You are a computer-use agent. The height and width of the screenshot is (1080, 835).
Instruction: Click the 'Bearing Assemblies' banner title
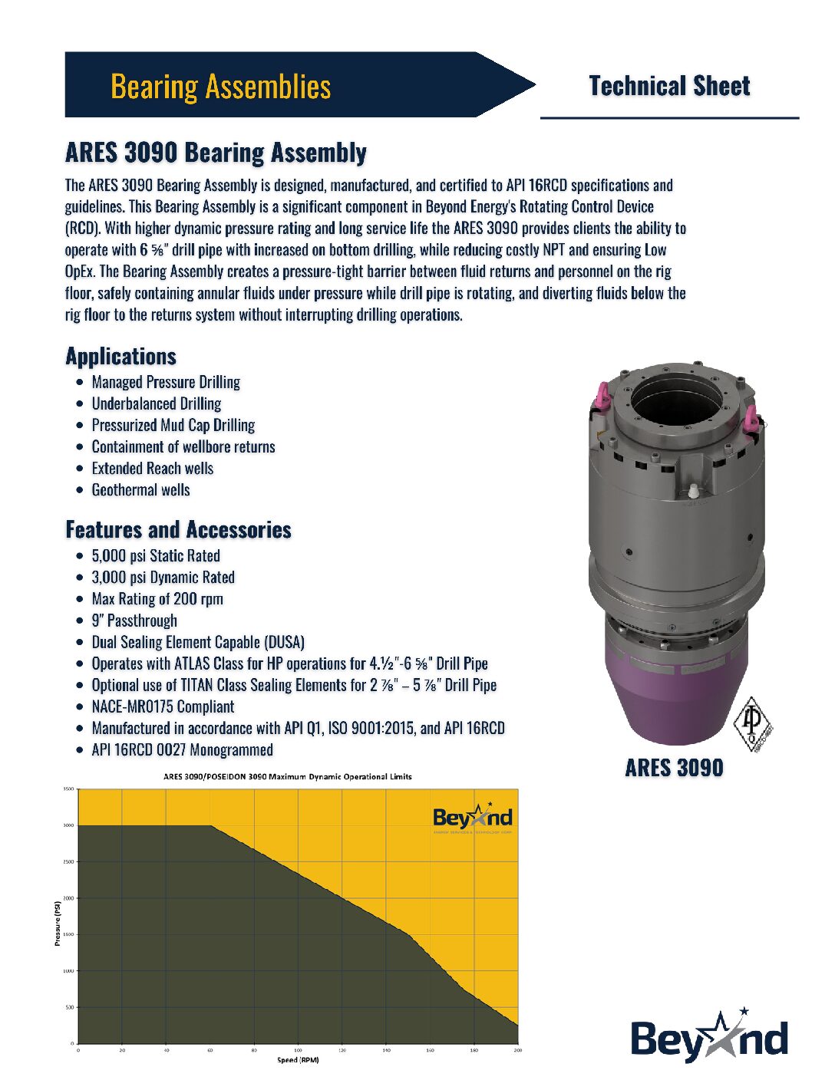221,86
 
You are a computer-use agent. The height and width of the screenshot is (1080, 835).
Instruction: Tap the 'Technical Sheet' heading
669,86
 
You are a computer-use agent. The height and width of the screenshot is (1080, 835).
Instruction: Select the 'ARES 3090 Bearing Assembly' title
216,153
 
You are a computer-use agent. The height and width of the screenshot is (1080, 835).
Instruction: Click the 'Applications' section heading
121,357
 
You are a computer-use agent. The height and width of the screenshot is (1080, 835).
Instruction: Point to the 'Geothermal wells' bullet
140,490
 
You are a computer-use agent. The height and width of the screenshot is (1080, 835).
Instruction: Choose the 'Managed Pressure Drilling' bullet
166,382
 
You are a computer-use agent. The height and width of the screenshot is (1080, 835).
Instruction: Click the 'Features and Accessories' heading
178,530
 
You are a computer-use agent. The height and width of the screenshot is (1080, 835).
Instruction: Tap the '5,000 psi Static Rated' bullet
156,556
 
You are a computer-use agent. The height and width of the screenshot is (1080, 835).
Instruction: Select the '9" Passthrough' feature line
134,621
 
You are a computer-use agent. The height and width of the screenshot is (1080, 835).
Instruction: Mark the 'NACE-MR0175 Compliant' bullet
163,707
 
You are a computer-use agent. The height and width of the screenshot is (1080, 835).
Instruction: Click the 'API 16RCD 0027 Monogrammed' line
182,750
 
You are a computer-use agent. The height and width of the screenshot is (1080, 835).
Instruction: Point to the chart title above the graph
288,777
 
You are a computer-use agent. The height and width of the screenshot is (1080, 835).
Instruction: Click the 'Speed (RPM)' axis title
298,1060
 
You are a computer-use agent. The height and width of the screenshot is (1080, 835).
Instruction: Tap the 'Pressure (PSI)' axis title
58,924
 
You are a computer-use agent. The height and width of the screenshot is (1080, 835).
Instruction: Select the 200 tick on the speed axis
517,1050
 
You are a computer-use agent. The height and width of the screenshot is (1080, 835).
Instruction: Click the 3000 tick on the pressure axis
68,825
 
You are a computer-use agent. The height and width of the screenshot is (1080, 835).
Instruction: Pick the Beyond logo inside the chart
472,818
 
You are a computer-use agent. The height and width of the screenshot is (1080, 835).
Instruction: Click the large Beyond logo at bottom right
709,1038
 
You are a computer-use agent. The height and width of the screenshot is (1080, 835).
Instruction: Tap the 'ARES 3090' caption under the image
674,768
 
